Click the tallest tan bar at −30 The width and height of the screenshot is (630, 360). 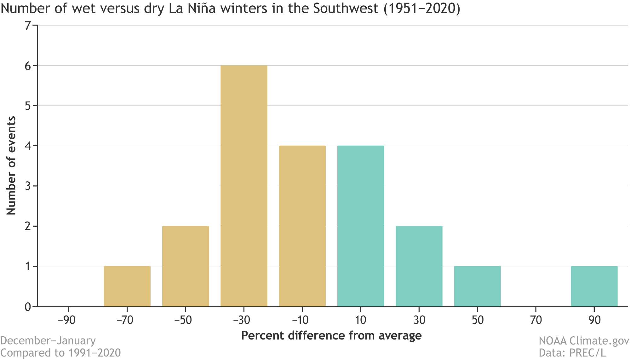[x=244, y=186]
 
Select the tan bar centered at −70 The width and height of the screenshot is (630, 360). [x=127, y=286]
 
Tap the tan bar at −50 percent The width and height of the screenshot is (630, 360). [x=186, y=266]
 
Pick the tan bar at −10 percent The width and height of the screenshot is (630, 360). [x=302, y=226]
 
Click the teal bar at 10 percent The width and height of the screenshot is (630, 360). [x=361, y=226]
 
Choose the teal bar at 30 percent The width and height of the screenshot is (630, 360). [x=419, y=266]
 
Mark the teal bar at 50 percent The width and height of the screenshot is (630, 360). [x=477, y=286]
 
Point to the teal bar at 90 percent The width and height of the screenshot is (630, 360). [x=594, y=286]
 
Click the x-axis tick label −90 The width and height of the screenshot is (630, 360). [x=67, y=320]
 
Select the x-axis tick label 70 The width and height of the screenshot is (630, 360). [x=536, y=320]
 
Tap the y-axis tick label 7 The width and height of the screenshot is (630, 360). [x=28, y=26]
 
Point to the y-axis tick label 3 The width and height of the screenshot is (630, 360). [x=28, y=186]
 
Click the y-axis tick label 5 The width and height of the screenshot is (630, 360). [x=28, y=106]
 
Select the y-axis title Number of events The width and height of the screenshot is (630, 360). [x=11, y=166]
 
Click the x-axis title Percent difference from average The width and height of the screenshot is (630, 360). [x=331, y=335]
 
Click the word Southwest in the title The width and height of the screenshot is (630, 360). [x=346, y=9]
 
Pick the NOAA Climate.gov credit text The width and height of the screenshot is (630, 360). [x=583, y=341]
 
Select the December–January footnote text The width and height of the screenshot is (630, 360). [x=48, y=341]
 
